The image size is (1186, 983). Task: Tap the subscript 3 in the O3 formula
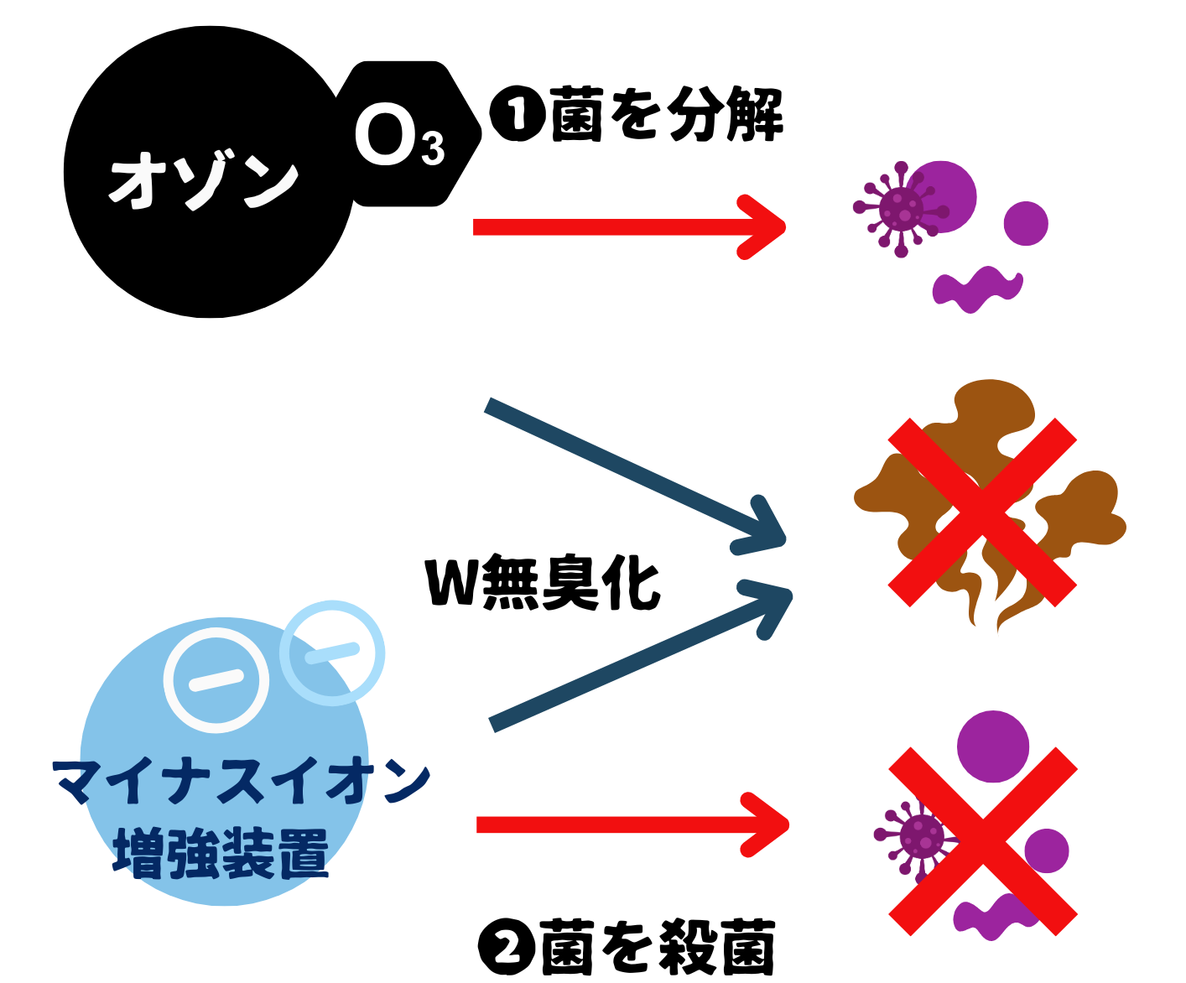(x=433, y=149)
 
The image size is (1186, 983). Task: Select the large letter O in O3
(x=384, y=137)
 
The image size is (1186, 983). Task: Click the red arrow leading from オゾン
(x=629, y=226)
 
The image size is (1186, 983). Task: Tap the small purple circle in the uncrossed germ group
(x=1026, y=223)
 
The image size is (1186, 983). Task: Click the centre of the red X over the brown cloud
(x=982, y=512)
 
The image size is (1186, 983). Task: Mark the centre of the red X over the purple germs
(x=983, y=841)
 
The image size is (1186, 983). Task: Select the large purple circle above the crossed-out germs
(x=993, y=745)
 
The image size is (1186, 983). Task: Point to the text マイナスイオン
(x=242, y=782)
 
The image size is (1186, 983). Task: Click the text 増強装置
(x=220, y=853)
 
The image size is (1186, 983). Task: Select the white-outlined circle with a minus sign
(x=216, y=680)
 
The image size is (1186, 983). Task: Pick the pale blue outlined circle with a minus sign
(x=333, y=652)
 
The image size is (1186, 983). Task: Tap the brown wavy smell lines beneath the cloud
(x=998, y=600)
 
